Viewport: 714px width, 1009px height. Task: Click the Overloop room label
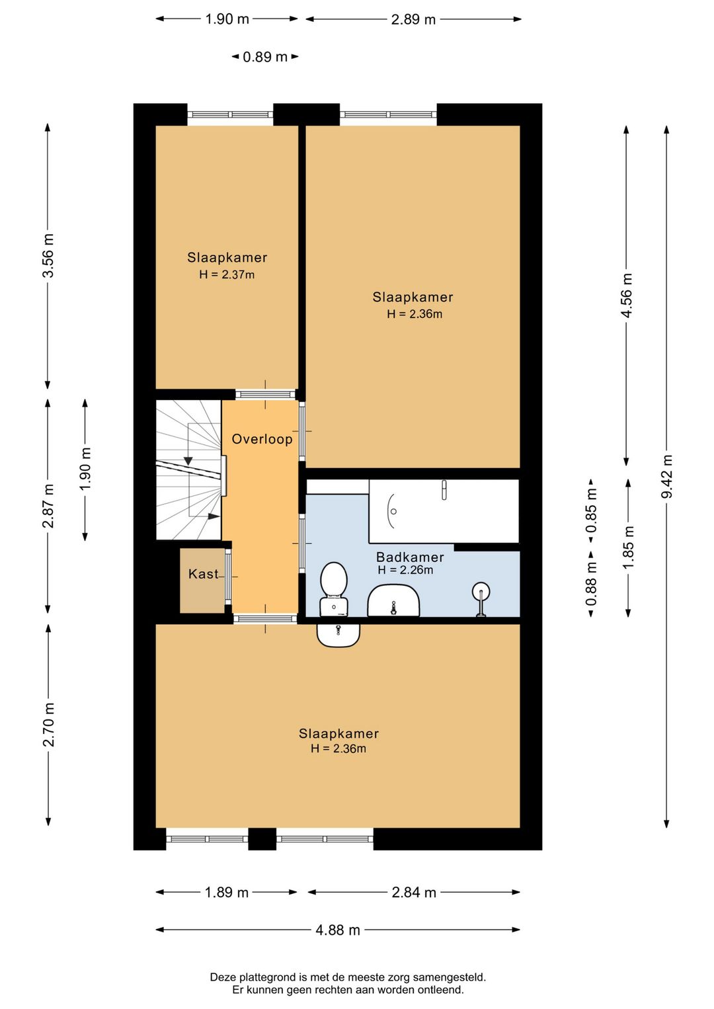262,439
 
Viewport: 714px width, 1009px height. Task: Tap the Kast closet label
203,574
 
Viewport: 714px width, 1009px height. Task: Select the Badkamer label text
410,557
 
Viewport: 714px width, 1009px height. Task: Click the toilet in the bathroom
333,588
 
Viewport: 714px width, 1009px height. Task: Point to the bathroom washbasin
394,600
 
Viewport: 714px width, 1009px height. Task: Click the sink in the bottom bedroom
338,635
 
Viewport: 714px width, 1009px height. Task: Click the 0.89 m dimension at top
265,57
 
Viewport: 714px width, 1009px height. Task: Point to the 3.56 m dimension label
48,255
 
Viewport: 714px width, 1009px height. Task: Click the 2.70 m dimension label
48,724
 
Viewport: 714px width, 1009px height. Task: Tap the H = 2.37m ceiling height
227,274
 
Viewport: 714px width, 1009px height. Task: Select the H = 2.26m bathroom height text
405,570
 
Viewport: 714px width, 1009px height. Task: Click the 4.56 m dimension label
627,295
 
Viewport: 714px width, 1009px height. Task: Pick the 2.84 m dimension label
414,892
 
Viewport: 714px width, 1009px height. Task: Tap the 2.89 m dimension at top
413,19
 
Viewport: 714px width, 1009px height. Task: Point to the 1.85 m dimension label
629,547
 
